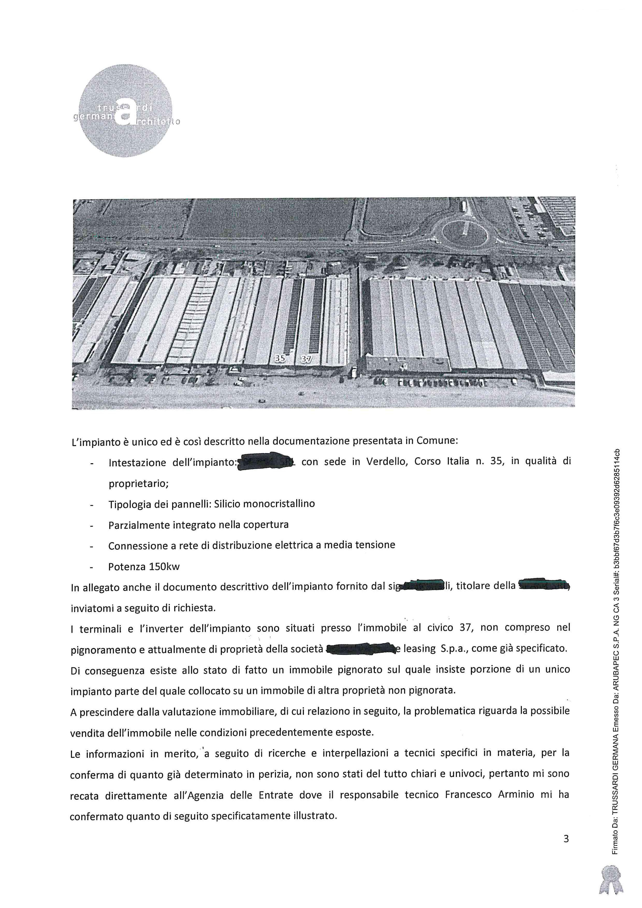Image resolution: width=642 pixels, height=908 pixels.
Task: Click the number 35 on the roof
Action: (280, 359)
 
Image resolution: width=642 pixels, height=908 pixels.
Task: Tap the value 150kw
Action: (164, 566)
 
